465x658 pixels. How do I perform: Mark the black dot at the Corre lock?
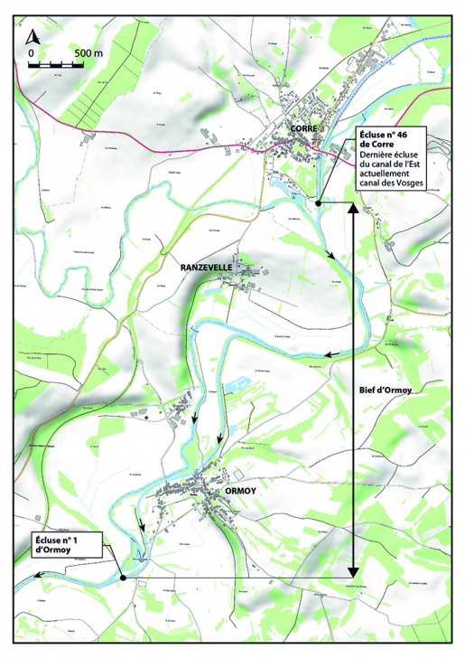coord(319,204)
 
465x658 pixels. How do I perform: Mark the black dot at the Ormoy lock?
coord(121,577)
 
